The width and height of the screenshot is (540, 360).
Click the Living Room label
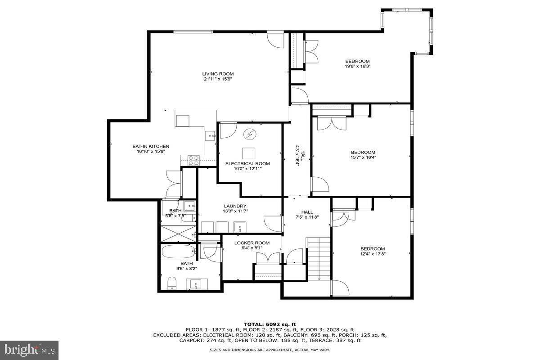coord(218,74)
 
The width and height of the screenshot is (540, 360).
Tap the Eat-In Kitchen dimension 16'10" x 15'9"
coord(151,152)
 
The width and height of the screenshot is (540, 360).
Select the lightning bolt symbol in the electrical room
coord(249,134)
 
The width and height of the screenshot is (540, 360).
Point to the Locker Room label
coord(252,243)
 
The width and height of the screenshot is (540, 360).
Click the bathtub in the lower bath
coord(178,251)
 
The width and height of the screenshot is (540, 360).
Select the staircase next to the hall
coord(319,259)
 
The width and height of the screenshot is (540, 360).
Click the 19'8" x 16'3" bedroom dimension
coord(357,66)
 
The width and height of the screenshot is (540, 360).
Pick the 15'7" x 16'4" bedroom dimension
coord(363,157)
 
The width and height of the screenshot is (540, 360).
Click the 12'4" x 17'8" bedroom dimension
coord(373,254)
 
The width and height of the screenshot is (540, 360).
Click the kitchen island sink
coord(210,134)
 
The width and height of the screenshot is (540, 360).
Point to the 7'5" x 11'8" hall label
coord(307,217)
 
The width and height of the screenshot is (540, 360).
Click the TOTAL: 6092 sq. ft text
coord(270,324)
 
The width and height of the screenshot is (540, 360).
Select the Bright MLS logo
coord(29,349)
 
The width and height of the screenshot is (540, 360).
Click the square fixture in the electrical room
coord(249,152)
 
